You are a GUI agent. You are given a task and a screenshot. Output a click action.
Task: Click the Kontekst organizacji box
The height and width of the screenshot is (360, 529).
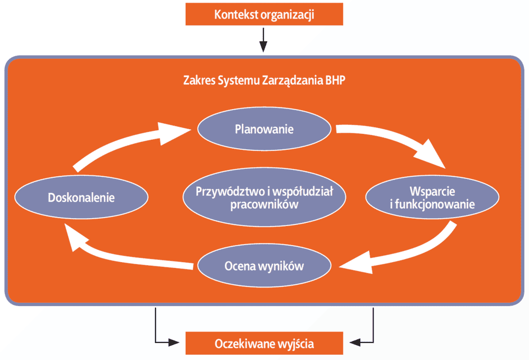264,14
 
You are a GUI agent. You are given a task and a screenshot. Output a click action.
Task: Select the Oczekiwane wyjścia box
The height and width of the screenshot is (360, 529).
264,343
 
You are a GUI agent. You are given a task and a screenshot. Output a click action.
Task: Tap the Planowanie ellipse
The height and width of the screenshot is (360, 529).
264,129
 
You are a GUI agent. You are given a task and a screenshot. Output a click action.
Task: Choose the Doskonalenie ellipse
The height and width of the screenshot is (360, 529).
81,197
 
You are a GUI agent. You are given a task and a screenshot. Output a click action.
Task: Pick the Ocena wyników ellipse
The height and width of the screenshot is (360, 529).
264,265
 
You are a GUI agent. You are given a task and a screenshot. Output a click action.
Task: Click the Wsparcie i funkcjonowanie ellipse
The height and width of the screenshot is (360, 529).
432,197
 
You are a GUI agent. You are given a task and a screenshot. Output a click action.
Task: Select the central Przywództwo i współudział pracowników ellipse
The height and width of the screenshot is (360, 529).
264,197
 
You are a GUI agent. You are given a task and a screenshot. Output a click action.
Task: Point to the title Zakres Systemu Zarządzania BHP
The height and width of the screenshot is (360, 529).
264,80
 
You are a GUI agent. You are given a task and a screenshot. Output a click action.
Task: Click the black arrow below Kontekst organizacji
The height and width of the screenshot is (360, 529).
263,40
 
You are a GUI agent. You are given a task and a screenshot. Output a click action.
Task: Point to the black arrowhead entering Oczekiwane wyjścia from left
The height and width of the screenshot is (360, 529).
174,343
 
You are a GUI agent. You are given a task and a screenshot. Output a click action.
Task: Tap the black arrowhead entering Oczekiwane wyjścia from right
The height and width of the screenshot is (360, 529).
355,343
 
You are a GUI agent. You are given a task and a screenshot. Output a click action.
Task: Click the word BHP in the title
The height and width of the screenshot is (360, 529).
335,80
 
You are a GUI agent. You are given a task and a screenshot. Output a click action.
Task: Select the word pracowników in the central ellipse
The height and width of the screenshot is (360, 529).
264,204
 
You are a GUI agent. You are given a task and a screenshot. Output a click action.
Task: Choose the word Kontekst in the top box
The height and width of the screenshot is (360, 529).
236,14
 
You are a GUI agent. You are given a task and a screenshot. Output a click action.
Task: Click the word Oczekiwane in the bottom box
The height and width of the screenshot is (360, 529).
245,344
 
